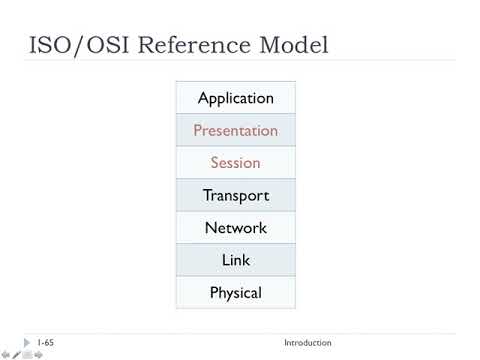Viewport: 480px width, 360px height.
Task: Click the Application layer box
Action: pos(236,98)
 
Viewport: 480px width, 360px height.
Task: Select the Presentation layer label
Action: pos(236,130)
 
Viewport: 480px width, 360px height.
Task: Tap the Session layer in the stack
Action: pos(236,163)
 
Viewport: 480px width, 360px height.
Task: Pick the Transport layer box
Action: pos(236,195)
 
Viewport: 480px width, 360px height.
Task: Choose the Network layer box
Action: pos(236,228)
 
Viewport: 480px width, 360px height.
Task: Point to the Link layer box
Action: pos(236,260)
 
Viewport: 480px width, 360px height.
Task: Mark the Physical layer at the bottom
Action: pos(236,293)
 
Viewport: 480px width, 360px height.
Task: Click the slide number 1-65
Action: pos(44,343)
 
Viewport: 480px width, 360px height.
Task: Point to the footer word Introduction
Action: pos(307,343)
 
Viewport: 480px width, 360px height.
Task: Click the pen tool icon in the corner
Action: pos(16,354)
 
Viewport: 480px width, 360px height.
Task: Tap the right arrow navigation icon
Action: pos(38,354)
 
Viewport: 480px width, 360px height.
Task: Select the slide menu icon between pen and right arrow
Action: pos(27,354)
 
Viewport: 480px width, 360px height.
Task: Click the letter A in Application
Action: pos(203,98)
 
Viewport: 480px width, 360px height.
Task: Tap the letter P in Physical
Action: pos(214,293)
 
